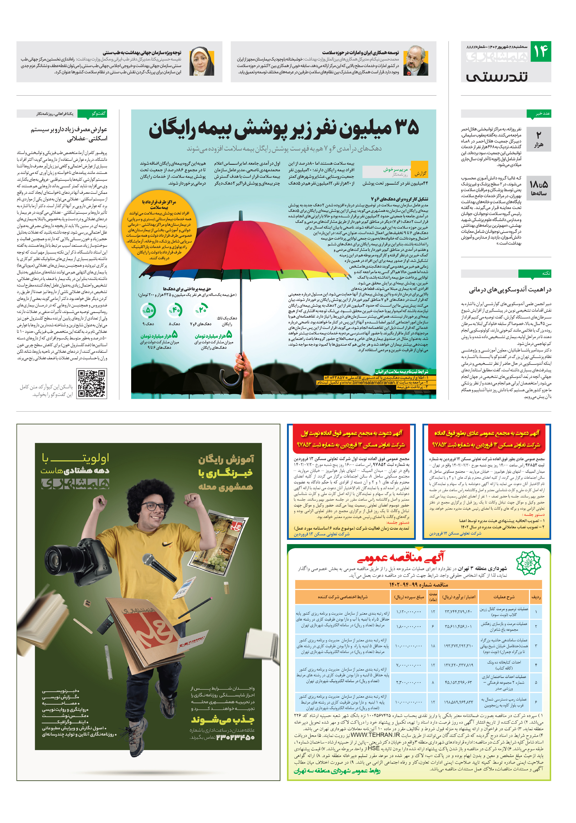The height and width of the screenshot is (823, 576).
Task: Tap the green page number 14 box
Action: pos(540,52)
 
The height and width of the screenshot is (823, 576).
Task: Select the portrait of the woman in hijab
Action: pos(202,61)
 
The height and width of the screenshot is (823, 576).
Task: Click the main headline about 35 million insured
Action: pos(284,129)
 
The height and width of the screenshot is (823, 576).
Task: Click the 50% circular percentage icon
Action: pos(148,310)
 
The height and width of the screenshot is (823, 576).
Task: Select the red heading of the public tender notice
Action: pos(401,558)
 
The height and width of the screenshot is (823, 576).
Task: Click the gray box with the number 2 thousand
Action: pos(538,139)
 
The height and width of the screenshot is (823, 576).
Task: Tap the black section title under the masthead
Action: pos(497,77)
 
